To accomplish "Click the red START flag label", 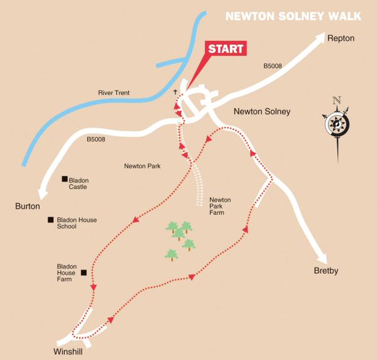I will point(226,49).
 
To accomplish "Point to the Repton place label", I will point(341,39).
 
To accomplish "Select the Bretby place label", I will point(326,271).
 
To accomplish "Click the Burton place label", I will point(28,206).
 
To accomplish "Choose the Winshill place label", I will point(68,351).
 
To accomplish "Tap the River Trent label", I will point(114,93).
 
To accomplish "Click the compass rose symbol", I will point(337,124).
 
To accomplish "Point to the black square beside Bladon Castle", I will point(64,180).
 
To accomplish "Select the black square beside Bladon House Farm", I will point(83,273).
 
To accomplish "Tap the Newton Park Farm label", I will point(220,206).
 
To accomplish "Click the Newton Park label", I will point(142,166).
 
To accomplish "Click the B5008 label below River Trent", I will point(96,139).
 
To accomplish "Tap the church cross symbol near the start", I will point(176,92).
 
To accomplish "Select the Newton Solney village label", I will point(262,112).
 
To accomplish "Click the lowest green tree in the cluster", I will point(171,254).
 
